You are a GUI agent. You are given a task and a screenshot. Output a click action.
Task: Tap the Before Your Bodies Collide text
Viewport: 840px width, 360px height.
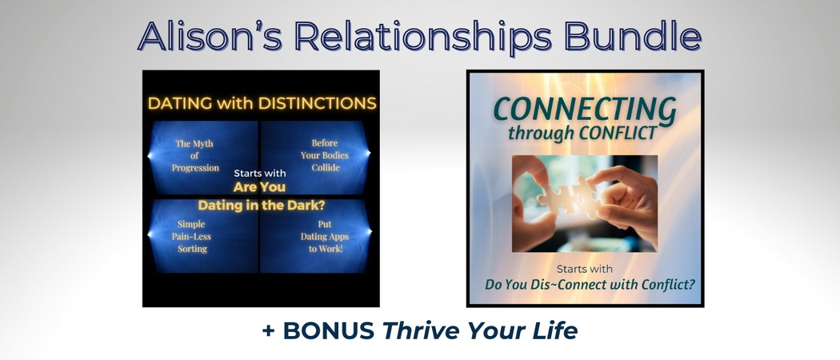(326, 156)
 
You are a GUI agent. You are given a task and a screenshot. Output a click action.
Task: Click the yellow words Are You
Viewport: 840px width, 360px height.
(261, 186)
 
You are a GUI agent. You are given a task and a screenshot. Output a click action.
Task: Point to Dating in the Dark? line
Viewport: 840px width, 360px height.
(261, 205)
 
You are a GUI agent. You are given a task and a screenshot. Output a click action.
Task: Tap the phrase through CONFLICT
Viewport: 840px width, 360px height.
(585, 132)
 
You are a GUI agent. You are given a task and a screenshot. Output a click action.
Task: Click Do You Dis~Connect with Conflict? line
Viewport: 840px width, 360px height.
(585, 284)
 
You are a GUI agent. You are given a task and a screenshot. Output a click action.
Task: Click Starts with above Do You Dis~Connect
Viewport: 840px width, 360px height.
(585, 269)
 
